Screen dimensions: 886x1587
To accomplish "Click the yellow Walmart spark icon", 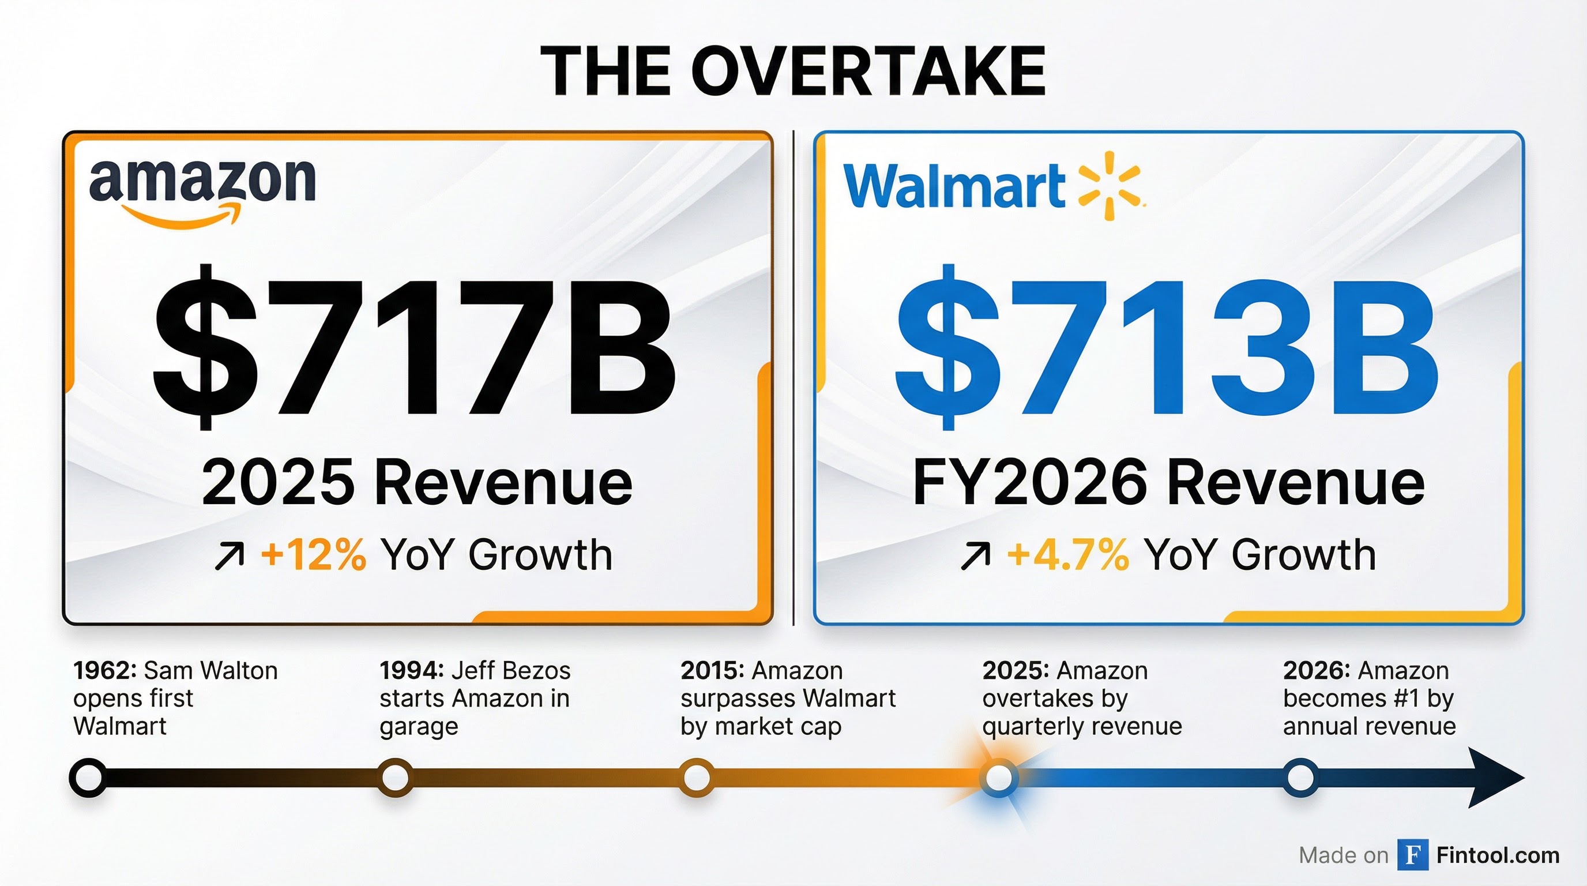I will pyautogui.click(x=1110, y=185).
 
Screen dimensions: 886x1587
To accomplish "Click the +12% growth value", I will pyautogui.click(x=313, y=554).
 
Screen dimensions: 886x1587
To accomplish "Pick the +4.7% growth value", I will pyautogui.click(x=1067, y=554).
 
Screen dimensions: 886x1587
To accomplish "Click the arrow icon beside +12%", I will pyautogui.click(x=229, y=557).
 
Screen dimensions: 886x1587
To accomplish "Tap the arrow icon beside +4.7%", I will pyautogui.click(x=975, y=557).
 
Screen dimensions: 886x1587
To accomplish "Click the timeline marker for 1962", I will pyautogui.click(x=88, y=778).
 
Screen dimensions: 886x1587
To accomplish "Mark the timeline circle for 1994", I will pyautogui.click(x=394, y=778).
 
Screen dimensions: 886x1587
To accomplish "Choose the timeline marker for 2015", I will pyautogui.click(x=696, y=778).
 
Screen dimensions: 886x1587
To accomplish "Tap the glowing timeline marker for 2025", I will pyautogui.click(x=998, y=778).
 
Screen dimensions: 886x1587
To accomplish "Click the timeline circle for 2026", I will pyautogui.click(x=1300, y=778).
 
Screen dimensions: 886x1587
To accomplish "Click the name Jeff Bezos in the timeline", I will pyautogui.click(x=511, y=670).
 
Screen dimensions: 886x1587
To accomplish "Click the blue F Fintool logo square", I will pyautogui.click(x=1413, y=855).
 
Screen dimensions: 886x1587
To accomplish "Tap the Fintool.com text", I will pyautogui.click(x=1498, y=855).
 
